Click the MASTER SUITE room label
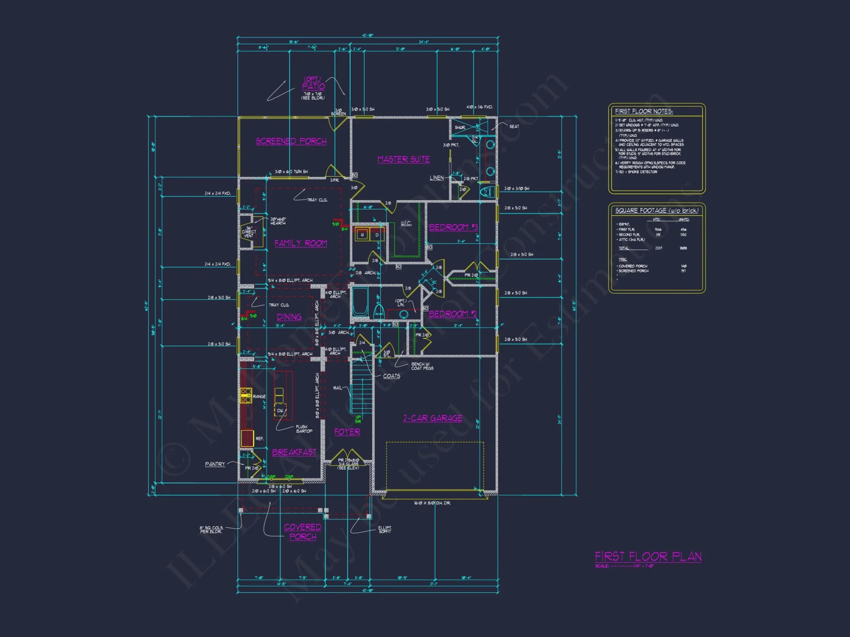403,159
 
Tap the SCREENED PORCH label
291,141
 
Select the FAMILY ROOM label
300,243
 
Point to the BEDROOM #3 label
453,227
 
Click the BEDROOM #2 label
453,314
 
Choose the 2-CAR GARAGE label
433,418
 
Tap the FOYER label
347,432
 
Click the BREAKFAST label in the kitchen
294,452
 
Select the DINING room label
289,317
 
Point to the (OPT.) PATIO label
314,84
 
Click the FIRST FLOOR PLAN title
648,556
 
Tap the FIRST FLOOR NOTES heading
644,111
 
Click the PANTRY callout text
215,464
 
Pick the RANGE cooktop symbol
246,395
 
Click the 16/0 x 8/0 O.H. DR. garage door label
432,503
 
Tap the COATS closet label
391,376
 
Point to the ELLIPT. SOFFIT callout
385,529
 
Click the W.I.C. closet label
406,223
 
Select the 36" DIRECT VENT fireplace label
249,232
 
